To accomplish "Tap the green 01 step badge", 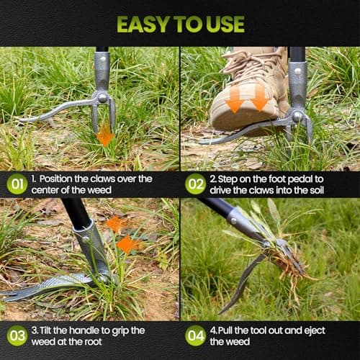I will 17,184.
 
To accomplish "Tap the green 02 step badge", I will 195,184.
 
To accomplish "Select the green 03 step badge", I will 17,336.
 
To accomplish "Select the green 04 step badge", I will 195,336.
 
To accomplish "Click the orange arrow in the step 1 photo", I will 105,135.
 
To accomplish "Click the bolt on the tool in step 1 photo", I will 103,97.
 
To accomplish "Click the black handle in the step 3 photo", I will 75,214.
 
